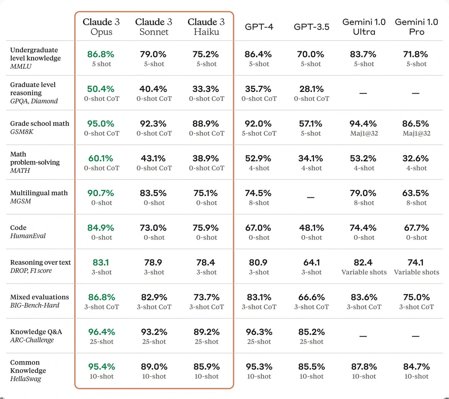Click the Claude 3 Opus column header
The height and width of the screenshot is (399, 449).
[x=101, y=27]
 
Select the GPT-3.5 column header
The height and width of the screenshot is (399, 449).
[x=311, y=27]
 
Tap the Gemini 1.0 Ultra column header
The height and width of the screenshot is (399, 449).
[x=364, y=27]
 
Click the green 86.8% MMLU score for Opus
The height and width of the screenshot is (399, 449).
[x=101, y=54]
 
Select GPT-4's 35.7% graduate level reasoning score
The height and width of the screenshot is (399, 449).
[x=258, y=89]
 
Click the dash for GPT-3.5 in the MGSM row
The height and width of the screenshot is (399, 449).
[x=311, y=197]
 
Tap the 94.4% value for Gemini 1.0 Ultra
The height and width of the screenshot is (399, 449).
[x=363, y=124]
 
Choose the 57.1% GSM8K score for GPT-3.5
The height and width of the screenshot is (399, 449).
[x=311, y=124]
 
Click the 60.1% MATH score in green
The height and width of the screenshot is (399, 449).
[x=101, y=159]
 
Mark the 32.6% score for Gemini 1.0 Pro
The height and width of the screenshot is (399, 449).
[x=416, y=159]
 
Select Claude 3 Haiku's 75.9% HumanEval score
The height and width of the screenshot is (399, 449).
[x=206, y=228]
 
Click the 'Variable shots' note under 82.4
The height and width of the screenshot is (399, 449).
[x=364, y=272]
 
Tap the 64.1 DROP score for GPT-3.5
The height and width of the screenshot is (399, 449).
[x=311, y=262]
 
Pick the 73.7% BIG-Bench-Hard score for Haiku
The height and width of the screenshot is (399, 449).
[x=206, y=297]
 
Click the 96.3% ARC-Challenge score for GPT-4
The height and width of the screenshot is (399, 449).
[x=259, y=332]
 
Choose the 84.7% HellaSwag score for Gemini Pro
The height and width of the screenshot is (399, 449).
[x=416, y=367]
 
